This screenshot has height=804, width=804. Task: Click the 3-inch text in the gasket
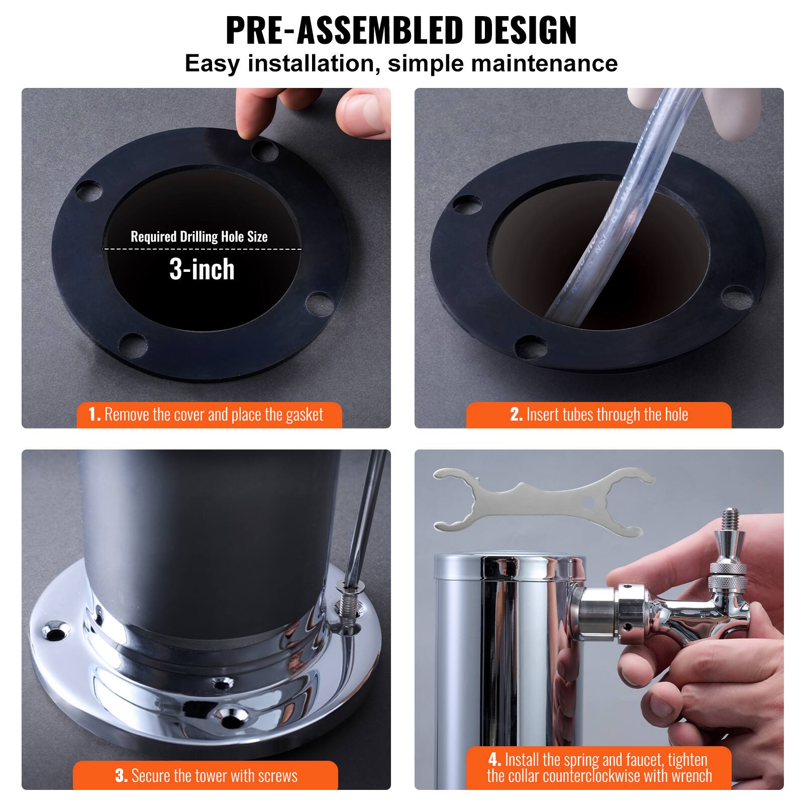[202, 270]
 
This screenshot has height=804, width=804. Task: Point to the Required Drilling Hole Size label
[199, 237]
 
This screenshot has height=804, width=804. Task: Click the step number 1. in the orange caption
[94, 415]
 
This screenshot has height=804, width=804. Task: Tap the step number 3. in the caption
[121, 775]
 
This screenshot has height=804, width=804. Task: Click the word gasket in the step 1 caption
[304, 415]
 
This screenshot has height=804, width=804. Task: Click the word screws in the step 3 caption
[277, 775]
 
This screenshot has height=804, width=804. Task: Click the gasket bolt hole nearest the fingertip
[263, 150]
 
